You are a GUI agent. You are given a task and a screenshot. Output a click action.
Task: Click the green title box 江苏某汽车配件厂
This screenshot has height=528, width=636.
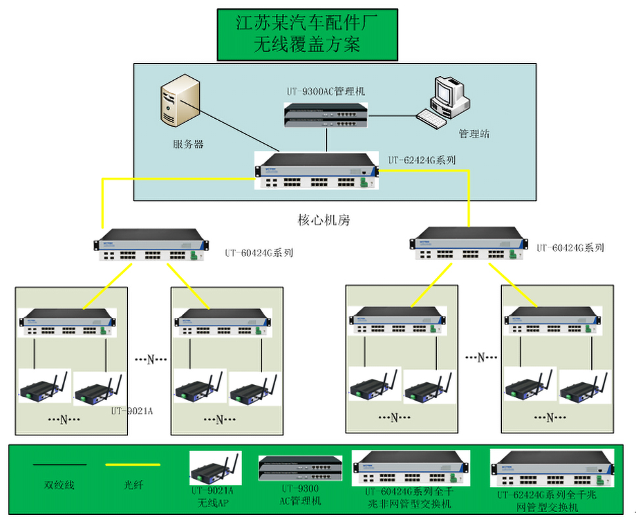click(307, 34)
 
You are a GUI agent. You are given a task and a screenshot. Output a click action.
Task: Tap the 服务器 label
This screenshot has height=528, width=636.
click(188, 144)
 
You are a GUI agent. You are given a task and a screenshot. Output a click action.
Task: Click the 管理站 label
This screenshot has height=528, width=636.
click(474, 134)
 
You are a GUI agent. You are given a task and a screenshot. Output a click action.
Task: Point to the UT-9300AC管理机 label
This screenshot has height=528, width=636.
click(325, 92)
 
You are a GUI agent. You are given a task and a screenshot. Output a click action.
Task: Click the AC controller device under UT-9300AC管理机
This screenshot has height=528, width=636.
click(327, 114)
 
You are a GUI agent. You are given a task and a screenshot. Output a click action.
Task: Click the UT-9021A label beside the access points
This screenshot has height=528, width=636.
click(131, 411)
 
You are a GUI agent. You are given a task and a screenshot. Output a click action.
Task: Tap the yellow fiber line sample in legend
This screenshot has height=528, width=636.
click(133, 465)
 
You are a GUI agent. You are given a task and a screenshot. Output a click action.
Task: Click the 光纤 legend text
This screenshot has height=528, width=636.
click(133, 485)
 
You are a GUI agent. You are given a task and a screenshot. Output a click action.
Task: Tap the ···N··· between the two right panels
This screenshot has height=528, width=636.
click(480, 358)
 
